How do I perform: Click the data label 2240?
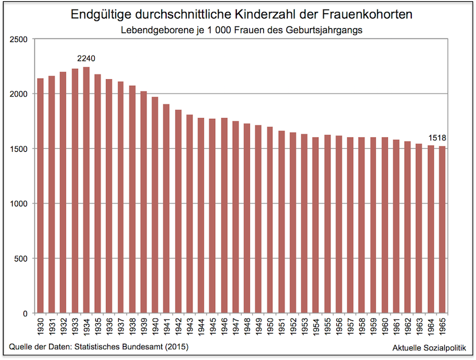click(x=86, y=59)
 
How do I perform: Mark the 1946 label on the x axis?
click(x=224, y=326)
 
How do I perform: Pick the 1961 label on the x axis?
click(x=396, y=326)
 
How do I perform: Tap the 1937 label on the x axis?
click(x=121, y=326)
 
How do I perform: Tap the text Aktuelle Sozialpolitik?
click(x=429, y=348)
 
